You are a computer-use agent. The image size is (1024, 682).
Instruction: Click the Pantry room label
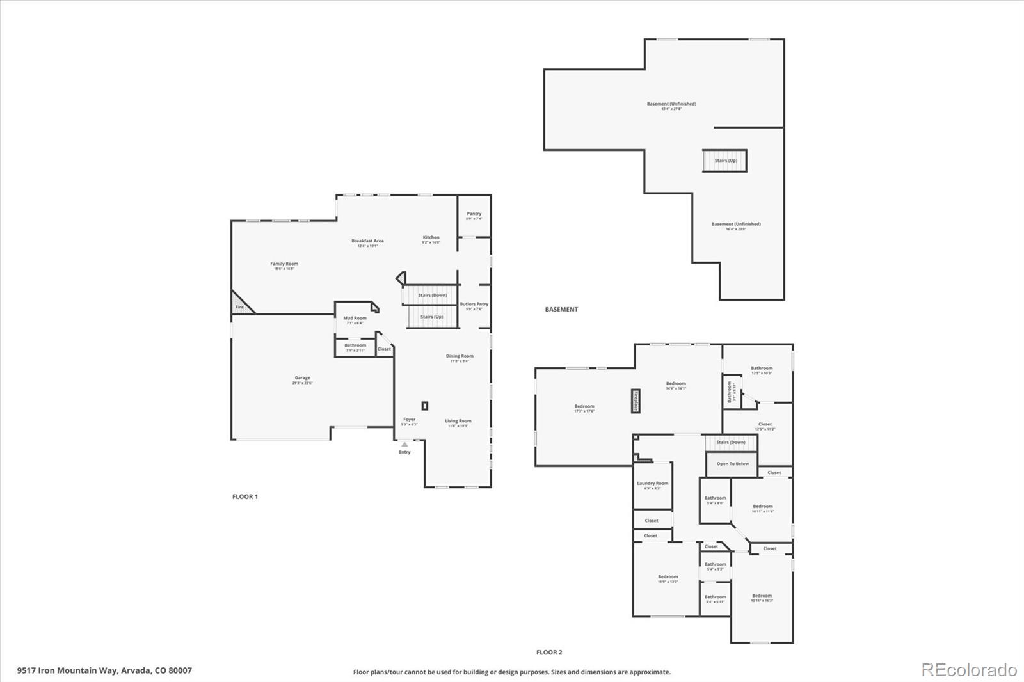click(x=474, y=214)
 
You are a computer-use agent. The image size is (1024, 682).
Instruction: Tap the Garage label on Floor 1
click(x=302, y=378)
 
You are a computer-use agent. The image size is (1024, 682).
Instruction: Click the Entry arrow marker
click(x=404, y=444)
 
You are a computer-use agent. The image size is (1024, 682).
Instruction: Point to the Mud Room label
click(x=355, y=318)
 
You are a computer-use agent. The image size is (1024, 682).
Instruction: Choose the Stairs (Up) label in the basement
click(x=725, y=161)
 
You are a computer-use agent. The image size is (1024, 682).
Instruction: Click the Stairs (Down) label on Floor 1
click(x=433, y=296)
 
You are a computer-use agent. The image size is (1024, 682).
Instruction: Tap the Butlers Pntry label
click(x=474, y=304)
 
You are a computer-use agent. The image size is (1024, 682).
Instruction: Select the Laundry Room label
click(x=652, y=484)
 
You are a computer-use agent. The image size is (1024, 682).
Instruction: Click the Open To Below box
click(x=732, y=464)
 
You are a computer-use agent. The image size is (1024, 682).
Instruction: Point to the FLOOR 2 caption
click(x=549, y=653)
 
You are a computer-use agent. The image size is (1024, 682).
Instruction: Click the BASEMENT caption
click(x=561, y=310)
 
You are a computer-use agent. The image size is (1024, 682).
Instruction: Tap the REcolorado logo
click(x=968, y=670)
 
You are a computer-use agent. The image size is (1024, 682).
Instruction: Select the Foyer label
click(x=409, y=420)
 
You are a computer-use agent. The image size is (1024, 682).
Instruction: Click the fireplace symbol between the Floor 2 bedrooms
click(x=636, y=400)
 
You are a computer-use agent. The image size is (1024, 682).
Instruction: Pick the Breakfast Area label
click(x=367, y=241)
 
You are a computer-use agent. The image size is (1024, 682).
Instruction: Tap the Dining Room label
click(x=460, y=356)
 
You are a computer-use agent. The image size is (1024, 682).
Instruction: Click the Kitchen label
click(x=431, y=237)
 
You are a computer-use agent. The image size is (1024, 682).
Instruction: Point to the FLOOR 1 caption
click(x=244, y=496)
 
